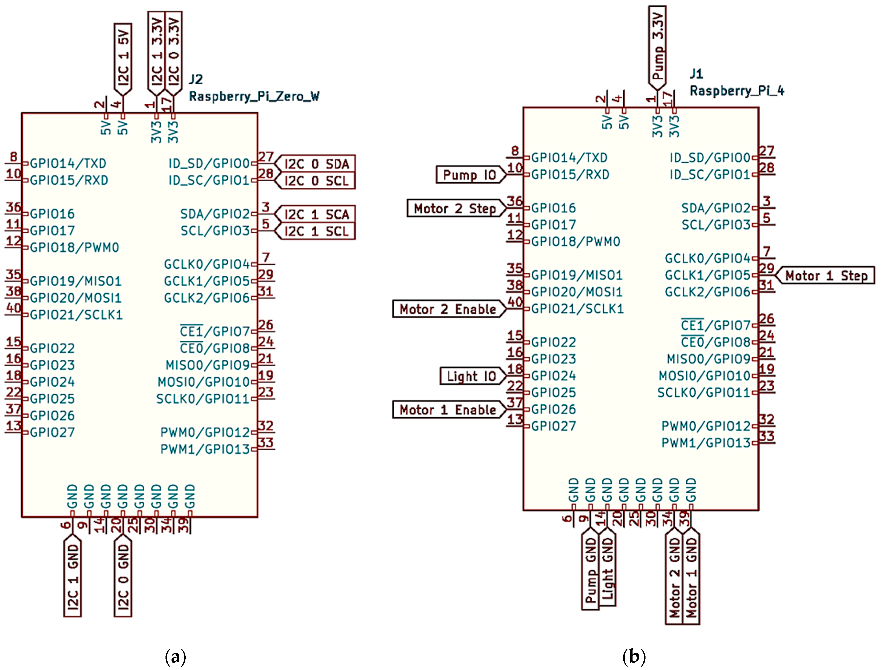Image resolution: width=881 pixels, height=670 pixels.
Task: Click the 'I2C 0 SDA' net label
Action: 317,164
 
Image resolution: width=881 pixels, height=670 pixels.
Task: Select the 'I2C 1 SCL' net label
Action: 317,231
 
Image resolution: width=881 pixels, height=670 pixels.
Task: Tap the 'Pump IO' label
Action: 469,175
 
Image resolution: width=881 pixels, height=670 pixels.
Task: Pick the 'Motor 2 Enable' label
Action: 448,309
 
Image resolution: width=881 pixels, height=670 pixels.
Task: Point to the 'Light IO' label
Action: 471,376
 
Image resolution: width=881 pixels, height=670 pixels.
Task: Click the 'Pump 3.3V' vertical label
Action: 657,46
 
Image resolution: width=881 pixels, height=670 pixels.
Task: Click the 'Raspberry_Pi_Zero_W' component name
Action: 254,96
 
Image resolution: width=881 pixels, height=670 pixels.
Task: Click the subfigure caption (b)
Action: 633,656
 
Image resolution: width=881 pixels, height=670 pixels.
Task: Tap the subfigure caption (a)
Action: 175,656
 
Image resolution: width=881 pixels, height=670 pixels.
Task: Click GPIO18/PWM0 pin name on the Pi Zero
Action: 74,248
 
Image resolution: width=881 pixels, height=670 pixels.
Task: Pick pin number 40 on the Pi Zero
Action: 13,308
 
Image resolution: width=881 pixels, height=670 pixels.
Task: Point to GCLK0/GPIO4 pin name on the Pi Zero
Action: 207,264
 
